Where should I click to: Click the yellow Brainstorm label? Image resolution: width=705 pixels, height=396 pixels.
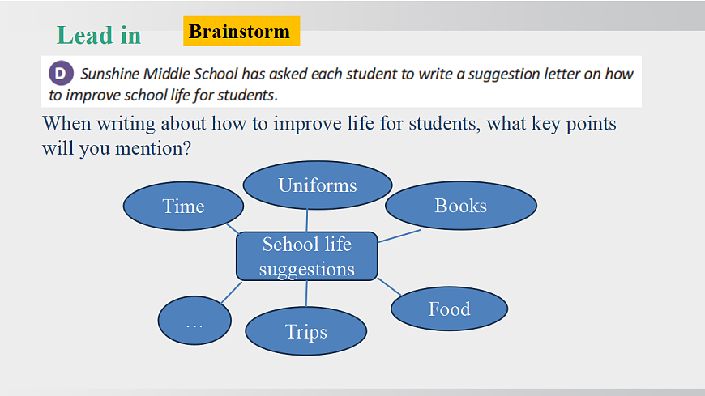241,31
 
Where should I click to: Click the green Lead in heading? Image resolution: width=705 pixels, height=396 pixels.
99,35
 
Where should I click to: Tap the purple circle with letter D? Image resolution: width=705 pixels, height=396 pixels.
61,73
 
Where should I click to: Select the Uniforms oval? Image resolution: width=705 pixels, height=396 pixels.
318,185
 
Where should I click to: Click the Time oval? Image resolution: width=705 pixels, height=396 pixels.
183,206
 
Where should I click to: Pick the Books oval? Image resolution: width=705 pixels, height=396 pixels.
461,206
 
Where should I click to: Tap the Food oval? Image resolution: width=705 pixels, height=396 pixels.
449,309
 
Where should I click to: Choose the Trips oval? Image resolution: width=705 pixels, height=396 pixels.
305,331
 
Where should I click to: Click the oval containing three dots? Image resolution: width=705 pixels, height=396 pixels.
194,321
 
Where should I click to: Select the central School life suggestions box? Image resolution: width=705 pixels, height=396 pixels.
306,256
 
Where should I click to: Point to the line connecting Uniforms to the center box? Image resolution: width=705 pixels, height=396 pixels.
307,221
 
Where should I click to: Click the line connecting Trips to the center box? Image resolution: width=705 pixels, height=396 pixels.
306,294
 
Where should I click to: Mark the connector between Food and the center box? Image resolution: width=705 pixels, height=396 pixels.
389,287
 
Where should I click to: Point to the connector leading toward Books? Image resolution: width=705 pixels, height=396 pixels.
399,236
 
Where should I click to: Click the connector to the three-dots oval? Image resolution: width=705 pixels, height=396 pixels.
232,292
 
